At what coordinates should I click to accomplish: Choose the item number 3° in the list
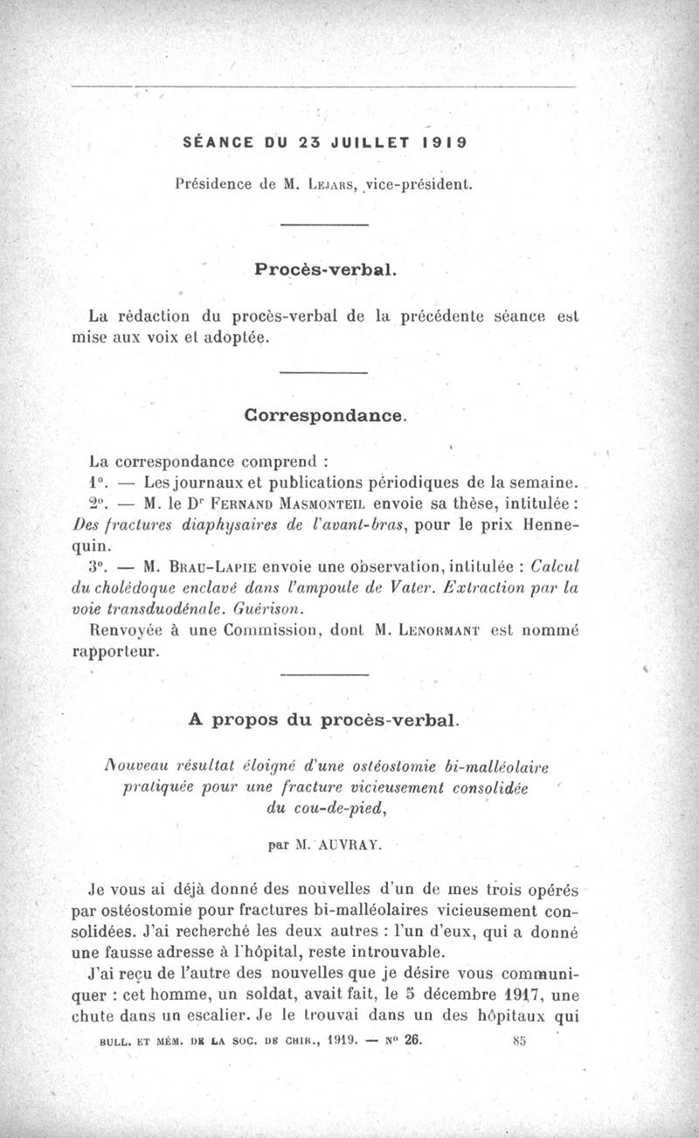[x=100, y=566]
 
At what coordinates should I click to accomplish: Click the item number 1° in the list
[x=100, y=482]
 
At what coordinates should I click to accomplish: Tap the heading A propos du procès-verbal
[x=323, y=720]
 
